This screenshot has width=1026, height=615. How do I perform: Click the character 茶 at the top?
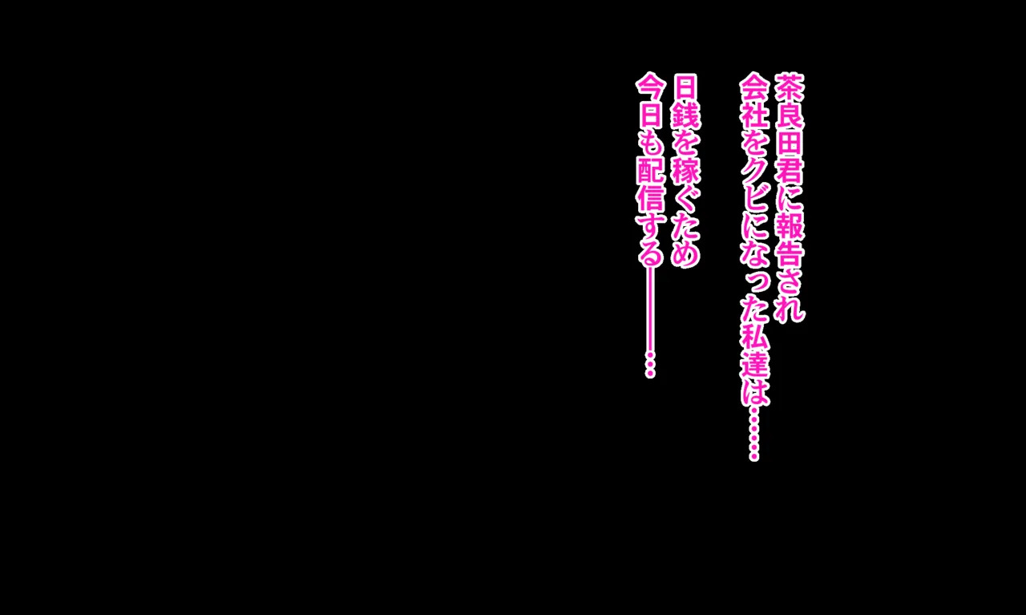click(x=790, y=87)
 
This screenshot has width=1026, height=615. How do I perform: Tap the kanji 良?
click(x=790, y=115)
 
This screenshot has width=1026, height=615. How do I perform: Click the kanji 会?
click(x=754, y=87)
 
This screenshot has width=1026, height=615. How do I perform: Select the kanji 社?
click(x=754, y=115)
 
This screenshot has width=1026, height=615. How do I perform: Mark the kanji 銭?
click(x=685, y=115)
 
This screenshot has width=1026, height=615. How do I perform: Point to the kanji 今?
click(x=650, y=87)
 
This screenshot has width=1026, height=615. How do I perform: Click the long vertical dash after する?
click(x=650, y=311)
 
